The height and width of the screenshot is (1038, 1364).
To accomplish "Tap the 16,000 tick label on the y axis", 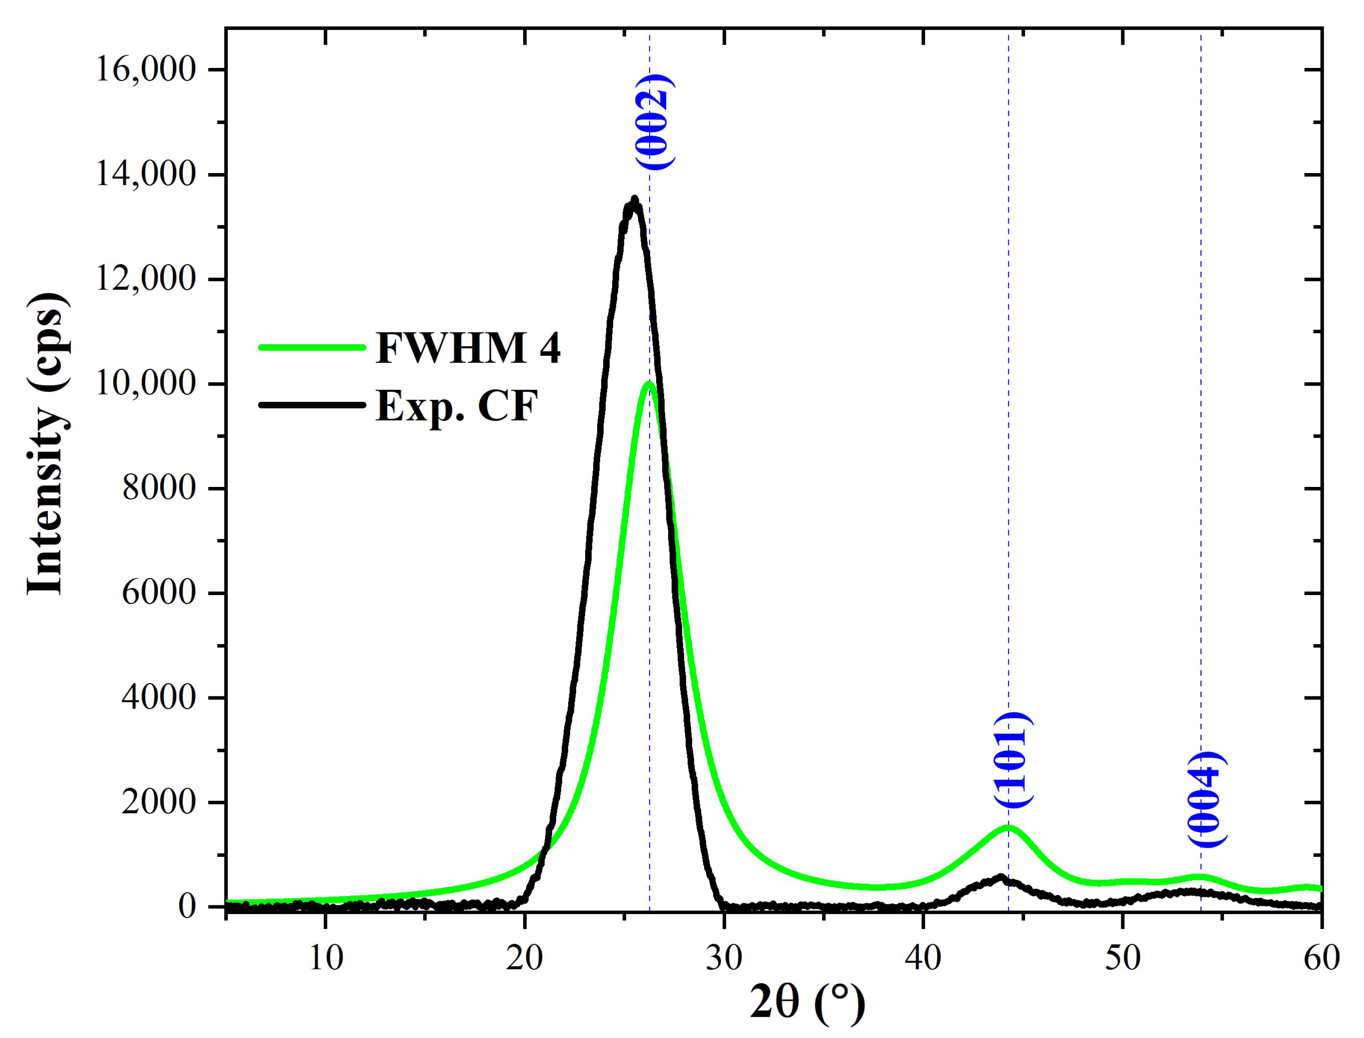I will click(x=146, y=69).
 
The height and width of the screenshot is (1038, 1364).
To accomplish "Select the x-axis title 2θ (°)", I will click(x=807, y=1004).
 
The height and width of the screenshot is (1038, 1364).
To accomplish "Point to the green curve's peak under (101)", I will click(x=1008, y=828).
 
